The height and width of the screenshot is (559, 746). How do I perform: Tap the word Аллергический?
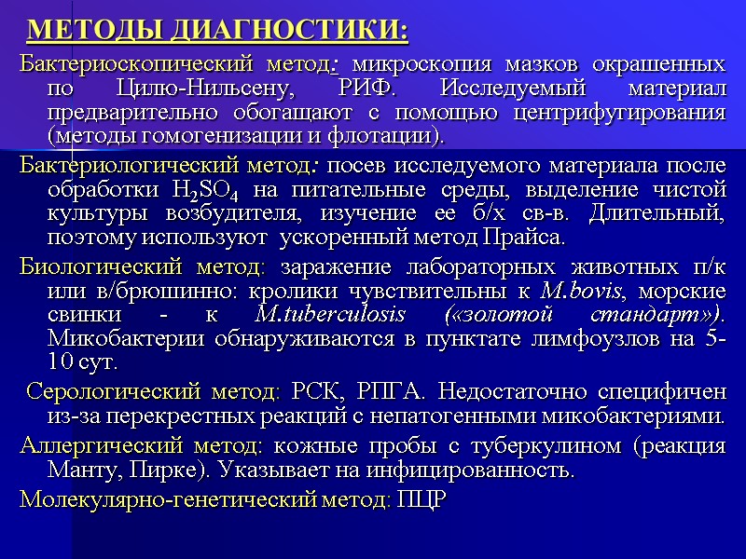(90, 444)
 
